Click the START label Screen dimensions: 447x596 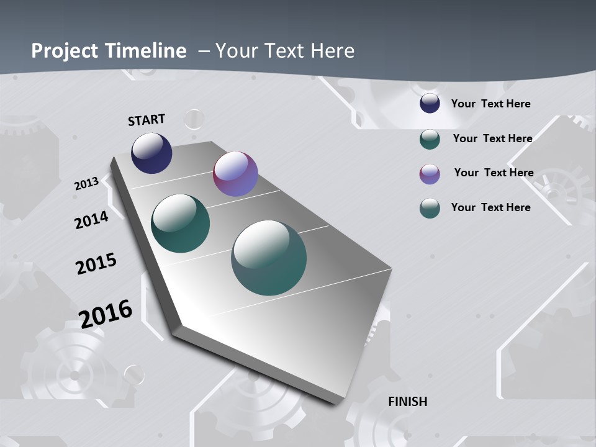(147, 119)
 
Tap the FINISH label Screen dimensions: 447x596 (408, 402)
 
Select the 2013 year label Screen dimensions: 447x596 (86, 184)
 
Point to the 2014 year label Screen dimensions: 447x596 (91, 220)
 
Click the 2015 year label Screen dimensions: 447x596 (96, 264)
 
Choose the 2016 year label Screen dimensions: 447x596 (106, 314)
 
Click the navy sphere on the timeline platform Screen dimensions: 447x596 (151, 153)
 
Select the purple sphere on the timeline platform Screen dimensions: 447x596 (235, 174)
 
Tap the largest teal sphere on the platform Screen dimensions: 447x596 (269, 258)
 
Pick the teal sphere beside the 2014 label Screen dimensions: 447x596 (181, 223)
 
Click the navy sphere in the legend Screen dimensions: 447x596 (430, 104)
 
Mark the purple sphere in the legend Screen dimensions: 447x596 (430, 173)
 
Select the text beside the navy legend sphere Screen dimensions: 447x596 (490, 104)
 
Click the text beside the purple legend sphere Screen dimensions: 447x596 (494, 173)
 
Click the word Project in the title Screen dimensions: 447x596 (66, 51)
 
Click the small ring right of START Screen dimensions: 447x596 (194, 119)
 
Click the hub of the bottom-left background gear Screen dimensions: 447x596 (74, 375)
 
